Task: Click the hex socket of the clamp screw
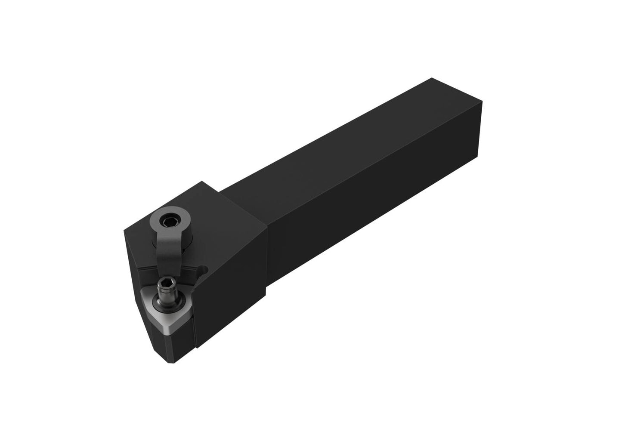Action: (x=166, y=222)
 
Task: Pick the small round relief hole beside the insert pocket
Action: (x=204, y=271)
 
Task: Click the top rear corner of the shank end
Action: (x=432, y=78)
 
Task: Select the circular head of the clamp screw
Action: (x=166, y=222)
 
